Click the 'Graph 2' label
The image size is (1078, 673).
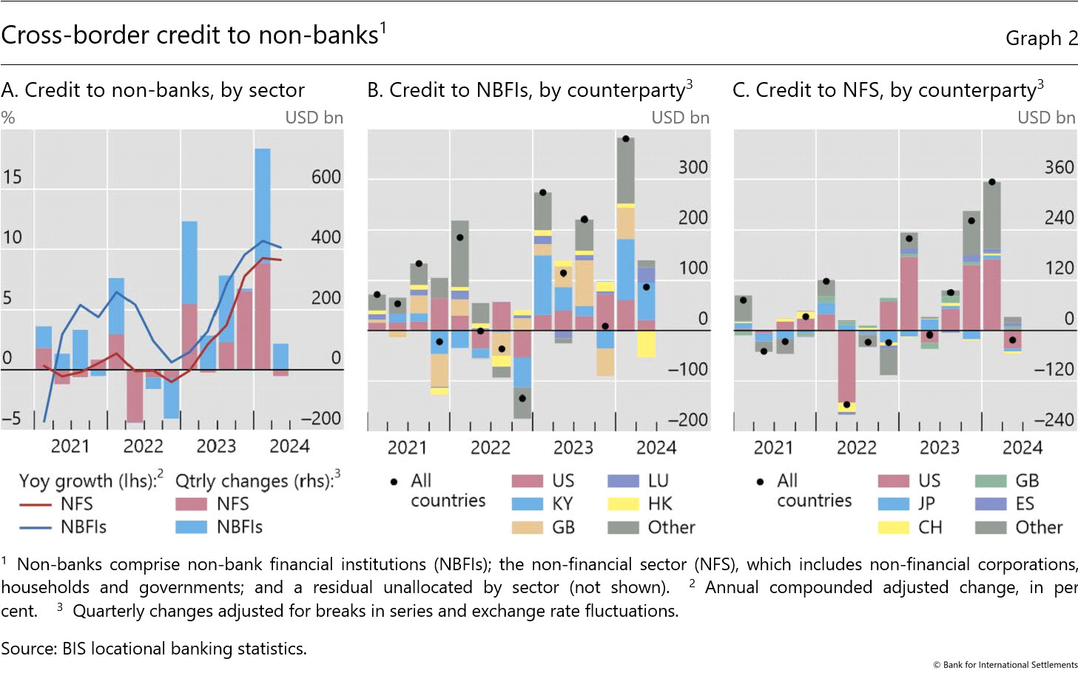pos(1041,38)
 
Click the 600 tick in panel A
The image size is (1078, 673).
pos(326,177)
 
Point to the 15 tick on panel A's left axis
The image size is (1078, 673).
pos(12,177)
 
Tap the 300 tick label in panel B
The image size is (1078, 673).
pos(693,167)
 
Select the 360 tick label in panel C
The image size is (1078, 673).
pos(1058,167)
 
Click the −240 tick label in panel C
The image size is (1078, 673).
pos(1053,419)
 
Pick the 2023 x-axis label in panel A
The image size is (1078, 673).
pos(216,446)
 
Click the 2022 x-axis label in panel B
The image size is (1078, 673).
pos(490,447)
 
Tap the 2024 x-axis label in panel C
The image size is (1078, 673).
pos(1022,447)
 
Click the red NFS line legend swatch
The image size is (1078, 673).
pos(35,504)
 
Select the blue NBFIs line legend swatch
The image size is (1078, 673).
pos(35,527)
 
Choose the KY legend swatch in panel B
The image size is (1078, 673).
pos(528,504)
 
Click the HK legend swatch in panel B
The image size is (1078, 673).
pos(622,504)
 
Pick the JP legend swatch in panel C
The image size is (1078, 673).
pos(893,504)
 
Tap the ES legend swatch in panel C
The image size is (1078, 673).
pos(990,504)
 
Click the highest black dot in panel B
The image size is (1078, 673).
pos(626,139)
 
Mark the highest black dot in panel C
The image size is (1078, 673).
pos(991,182)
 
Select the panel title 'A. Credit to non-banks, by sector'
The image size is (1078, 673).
pos(152,90)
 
